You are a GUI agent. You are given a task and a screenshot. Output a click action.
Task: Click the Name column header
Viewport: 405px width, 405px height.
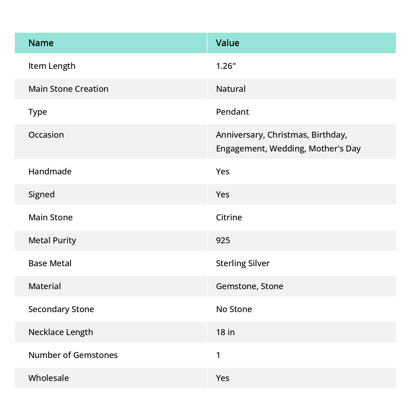(41, 43)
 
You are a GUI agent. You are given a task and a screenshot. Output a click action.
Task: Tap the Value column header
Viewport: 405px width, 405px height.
(228, 43)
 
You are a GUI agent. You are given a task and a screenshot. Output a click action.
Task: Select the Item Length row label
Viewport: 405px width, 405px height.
(52, 66)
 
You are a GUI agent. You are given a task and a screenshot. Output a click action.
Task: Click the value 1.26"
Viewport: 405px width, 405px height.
(226, 66)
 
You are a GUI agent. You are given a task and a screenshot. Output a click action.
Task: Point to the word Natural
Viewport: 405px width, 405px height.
(231, 89)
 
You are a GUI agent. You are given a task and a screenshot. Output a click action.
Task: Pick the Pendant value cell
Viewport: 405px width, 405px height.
(232, 112)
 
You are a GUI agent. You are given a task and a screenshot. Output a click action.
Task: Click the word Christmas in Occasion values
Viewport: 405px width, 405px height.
(288, 135)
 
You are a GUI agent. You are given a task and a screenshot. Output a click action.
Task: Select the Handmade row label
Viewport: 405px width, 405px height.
(50, 171)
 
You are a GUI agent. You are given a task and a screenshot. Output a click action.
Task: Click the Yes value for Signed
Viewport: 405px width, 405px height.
(223, 194)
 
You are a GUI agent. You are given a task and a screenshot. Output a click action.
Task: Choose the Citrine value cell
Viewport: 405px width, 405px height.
(229, 217)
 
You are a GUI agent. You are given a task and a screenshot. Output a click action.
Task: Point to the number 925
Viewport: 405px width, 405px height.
(223, 240)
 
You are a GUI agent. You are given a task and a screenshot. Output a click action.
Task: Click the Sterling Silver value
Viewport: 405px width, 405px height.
(243, 263)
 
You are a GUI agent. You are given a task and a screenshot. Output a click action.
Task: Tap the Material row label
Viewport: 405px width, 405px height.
(45, 286)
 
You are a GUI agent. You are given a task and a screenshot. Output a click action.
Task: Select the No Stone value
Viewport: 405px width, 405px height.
(234, 309)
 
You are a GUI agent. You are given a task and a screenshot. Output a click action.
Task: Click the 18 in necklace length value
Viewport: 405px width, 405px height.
(225, 332)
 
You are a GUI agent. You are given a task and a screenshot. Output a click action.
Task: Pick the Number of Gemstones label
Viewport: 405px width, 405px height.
(73, 355)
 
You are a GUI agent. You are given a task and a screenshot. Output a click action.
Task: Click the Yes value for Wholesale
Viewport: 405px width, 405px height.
(223, 378)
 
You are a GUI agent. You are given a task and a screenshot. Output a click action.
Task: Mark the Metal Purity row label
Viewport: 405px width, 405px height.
(52, 240)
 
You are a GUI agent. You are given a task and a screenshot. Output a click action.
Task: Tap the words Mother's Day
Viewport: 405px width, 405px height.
(335, 148)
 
